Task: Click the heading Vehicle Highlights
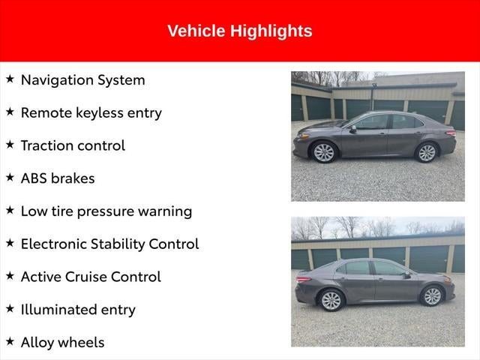click(239, 31)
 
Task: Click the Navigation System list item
click(82, 80)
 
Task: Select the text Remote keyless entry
click(91, 112)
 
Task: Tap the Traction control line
click(73, 145)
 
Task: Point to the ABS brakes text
click(57, 178)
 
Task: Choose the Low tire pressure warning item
click(106, 211)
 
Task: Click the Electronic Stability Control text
click(109, 244)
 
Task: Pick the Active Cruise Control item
click(90, 277)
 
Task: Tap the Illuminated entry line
click(78, 309)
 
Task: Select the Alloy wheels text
click(62, 342)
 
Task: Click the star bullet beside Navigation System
click(10, 79)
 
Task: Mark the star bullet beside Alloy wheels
click(10, 341)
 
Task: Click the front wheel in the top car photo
click(324, 152)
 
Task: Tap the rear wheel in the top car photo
click(426, 152)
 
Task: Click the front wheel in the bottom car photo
click(432, 296)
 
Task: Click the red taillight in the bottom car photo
click(301, 280)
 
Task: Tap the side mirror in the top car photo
click(353, 129)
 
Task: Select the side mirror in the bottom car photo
click(406, 275)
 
